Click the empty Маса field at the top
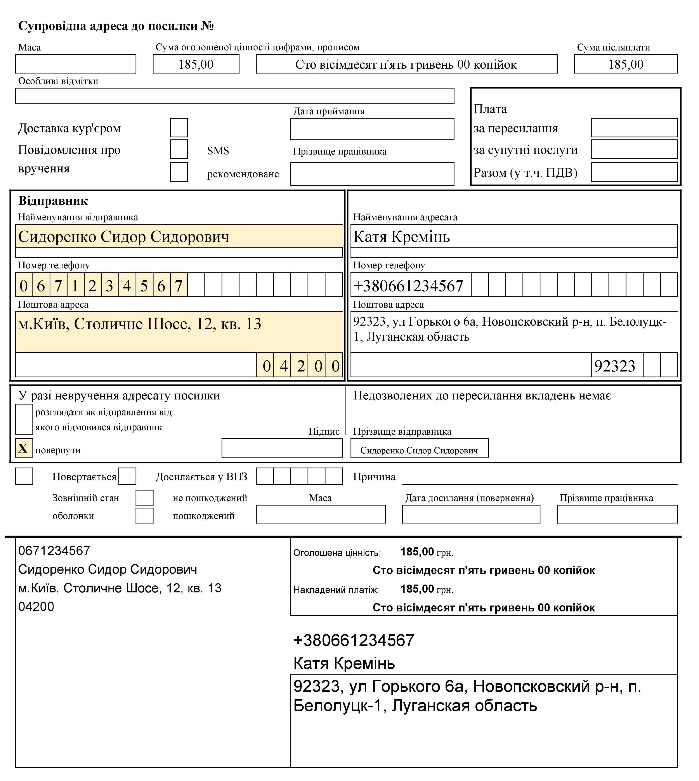point(76,64)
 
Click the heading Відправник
point(53,201)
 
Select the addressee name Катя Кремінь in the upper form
point(401,237)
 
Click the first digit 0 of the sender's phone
point(24,285)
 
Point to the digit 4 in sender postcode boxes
point(284,366)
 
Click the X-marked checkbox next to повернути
point(24,448)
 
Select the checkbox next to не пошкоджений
point(144,498)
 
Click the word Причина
point(374,477)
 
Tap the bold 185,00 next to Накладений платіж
point(417,589)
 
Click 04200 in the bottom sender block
point(36,607)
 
